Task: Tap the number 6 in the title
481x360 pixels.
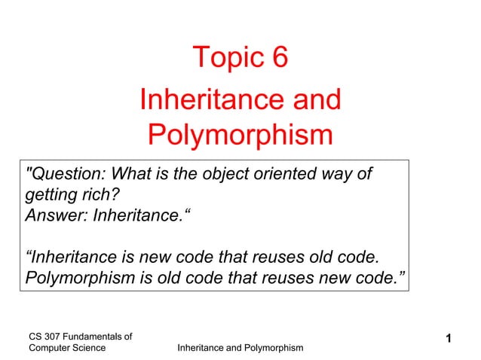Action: click(279, 57)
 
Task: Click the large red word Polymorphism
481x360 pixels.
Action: click(240, 136)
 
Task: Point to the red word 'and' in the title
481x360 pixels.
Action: click(309, 99)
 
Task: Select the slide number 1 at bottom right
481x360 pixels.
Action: click(449, 340)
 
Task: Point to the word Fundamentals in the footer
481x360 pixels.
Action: click(94, 335)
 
